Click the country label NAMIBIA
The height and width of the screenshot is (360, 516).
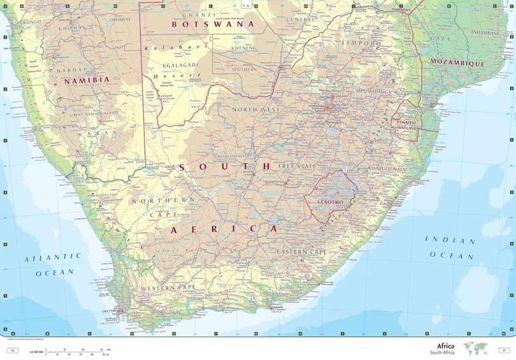tap(87, 80)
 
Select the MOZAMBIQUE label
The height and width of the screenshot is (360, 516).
tap(457, 63)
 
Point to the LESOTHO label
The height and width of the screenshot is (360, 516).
tap(330, 202)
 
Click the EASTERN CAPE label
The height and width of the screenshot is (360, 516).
tap(302, 252)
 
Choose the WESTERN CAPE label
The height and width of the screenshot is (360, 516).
tap(168, 288)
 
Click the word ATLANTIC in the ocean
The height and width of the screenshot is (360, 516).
tap(54, 257)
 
